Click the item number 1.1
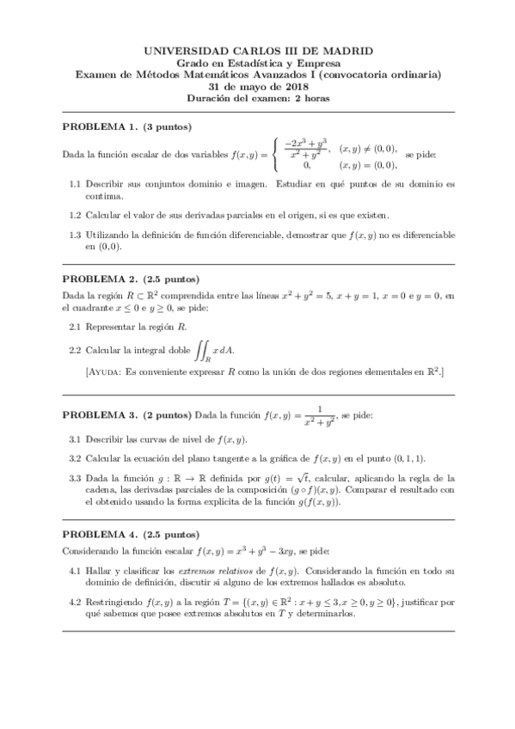point(75,185)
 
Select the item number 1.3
point(75,234)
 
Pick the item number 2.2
point(75,349)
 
